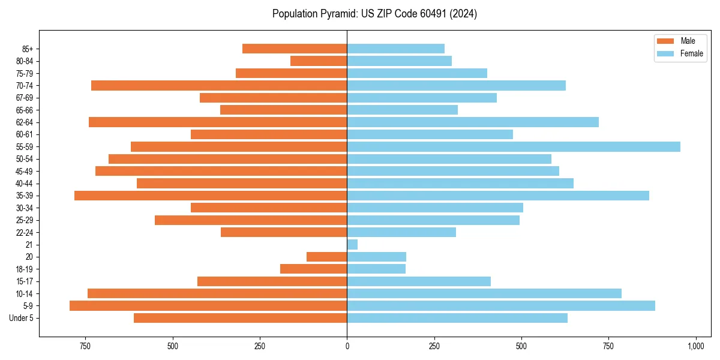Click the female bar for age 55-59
(514, 146)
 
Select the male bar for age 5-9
(208, 305)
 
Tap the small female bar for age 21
(352, 244)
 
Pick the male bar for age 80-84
(319, 61)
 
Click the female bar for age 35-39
(498, 196)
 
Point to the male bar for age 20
(327, 257)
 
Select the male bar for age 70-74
(219, 85)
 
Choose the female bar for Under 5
(457, 318)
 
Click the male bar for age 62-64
(218, 122)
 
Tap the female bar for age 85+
(396, 49)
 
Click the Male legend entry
(680, 41)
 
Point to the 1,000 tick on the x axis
(696, 346)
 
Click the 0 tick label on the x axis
(347, 346)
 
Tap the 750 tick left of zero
(85, 346)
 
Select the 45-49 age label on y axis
(25, 171)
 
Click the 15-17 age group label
(25, 281)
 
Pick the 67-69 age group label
(25, 98)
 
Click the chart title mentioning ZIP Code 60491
(374, 14)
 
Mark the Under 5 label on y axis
(22, 318)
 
